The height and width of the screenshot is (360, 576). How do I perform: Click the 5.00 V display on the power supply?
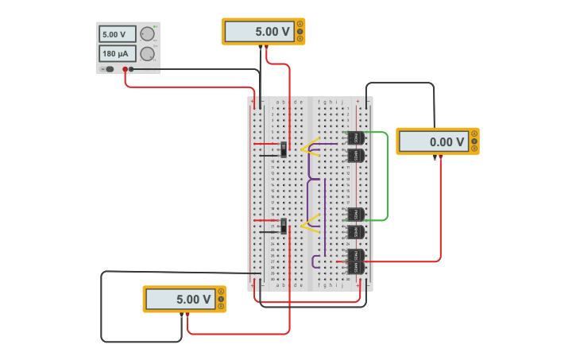click(117, 34)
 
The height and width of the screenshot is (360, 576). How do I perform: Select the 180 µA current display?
click(117, 54)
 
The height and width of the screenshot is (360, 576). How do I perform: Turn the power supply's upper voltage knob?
click(147, 34)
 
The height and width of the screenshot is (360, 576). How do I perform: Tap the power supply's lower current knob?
click(147, 54)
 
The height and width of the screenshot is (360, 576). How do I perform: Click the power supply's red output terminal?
click(125, 70)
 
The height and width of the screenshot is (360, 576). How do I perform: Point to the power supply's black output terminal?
click(131, 70)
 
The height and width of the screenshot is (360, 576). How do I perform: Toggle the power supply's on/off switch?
click(109, 70)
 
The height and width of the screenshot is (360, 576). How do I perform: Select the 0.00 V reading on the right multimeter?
click(433, 142)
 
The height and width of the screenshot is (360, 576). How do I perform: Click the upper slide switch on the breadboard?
click(284, 149)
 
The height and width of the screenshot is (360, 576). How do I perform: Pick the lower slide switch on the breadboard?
click(284, 226)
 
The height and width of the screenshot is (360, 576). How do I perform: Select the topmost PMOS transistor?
click(355, 138)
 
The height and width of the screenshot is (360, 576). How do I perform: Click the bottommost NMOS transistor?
click(355, 267)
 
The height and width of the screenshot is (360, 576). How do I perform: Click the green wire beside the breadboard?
click(388, 175)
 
